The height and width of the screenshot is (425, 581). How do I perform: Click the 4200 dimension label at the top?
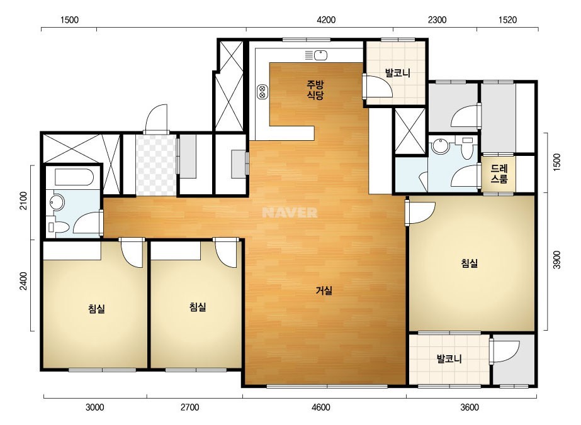pos(326,19)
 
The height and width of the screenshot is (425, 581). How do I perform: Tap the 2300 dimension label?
pos(437,19)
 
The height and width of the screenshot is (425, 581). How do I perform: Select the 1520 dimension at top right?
pos(507,19)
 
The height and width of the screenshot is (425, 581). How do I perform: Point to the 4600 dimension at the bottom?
pos(321,407)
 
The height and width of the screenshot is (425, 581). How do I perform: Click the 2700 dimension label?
pos(189,407)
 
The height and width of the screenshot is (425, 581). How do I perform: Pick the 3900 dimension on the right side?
pos(556,260)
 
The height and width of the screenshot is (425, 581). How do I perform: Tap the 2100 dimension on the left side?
pos(24,201)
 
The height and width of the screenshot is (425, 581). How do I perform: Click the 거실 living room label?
pos(324,290)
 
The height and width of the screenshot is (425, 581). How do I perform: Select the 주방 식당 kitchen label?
pos(315,90)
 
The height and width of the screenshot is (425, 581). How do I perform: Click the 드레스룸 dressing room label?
pos(499,174)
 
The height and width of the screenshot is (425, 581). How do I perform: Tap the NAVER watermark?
pos(290,213)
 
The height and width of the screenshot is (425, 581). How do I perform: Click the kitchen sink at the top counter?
pos(321,55)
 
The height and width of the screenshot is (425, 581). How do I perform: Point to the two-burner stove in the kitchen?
pos(262,91)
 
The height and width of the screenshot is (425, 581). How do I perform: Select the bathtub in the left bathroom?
pos(74,177)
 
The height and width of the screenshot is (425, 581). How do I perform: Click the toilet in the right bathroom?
pos(467,148)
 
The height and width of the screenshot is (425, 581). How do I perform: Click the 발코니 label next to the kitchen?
pos(398,72)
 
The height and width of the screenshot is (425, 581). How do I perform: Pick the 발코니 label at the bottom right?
pos(449,358)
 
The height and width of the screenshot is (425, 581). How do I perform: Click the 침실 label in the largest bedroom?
pos(469,263)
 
